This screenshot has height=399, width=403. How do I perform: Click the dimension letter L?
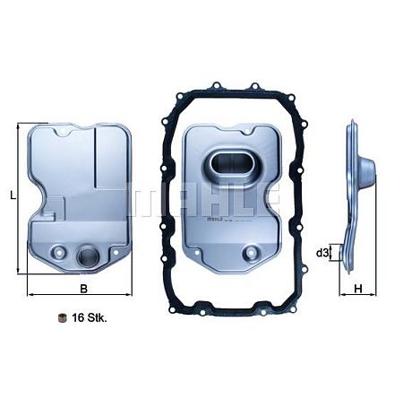click(x=11, y=195)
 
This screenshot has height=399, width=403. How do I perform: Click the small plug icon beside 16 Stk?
click(x=62, y=318)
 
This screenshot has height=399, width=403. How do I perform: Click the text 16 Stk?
click(x=90, y=318)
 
